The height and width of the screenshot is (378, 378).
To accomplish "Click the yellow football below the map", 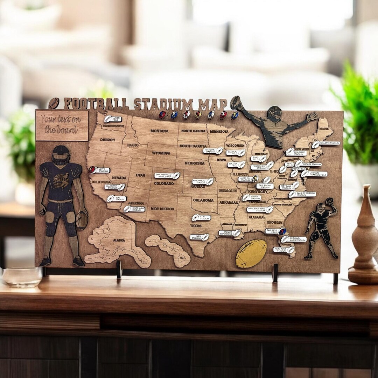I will pos(251,253).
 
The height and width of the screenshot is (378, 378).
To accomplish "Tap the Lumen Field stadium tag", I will pos(113,119).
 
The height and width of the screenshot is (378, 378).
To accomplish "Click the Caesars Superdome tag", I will pos(230,233).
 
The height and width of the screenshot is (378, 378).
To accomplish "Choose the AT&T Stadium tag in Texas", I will pos(201,218).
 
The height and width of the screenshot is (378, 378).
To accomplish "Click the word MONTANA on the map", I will pos(159,131).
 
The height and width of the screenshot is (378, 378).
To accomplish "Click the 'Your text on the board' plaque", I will pos(62,125).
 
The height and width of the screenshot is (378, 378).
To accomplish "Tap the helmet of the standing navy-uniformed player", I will pos(61,155).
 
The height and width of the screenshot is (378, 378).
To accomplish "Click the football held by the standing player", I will pos(82,220).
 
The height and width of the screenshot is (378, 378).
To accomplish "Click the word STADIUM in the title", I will pos(163,104).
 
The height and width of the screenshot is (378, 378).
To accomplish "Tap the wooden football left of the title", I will pos(54,103).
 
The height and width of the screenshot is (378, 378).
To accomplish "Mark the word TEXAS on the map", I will pos(196,226).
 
